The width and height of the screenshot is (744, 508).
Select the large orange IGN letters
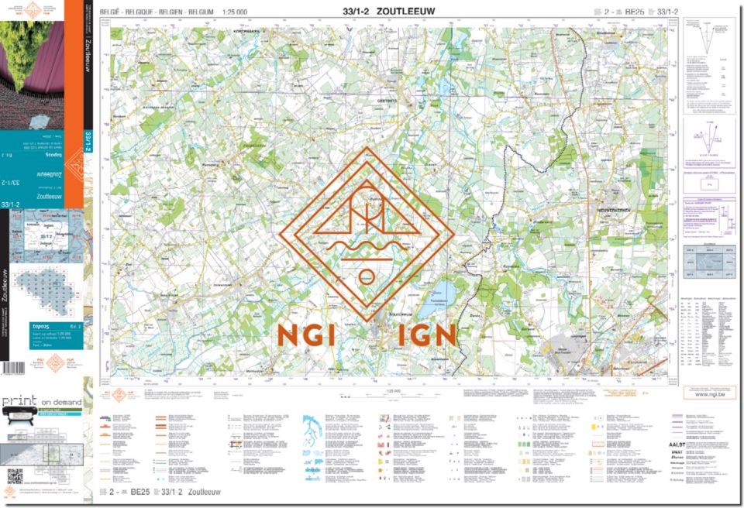(422, 335)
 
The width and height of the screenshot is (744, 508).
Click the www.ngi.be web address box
(709, 393)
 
